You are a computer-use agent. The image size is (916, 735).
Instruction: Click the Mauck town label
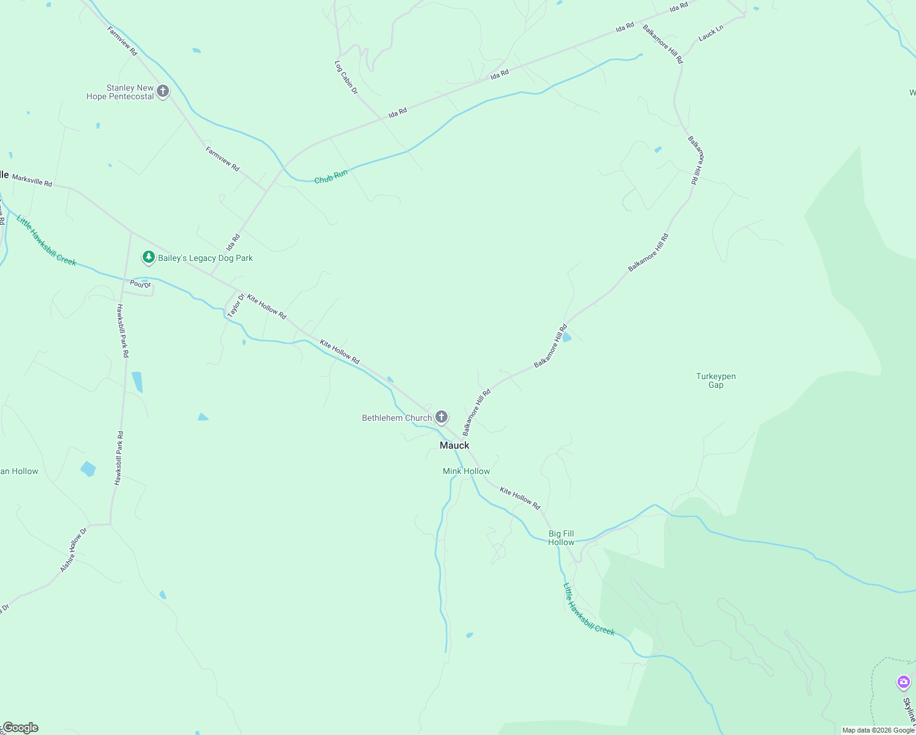click(454, 445)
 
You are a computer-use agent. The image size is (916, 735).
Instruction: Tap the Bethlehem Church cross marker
click(441, 418)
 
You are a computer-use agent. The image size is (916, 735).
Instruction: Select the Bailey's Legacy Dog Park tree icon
click(148, 257)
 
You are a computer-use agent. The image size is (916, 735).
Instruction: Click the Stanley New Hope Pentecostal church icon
click(162, 92)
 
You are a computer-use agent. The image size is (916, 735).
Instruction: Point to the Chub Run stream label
click(331, 177)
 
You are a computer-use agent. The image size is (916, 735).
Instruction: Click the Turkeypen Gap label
click(716, 380)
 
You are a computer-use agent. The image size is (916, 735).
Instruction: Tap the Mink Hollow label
click(467, 471)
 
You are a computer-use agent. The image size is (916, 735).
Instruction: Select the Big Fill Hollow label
click(561, 538)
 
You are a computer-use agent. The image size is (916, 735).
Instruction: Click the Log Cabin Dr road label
click(346, 77)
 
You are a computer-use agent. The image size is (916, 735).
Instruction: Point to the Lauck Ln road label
click(711, 32)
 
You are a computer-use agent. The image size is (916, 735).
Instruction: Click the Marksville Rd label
click(32, 180)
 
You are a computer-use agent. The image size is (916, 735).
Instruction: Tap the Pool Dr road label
click(140, 284)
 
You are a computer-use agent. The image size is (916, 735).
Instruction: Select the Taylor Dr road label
click(236, 306)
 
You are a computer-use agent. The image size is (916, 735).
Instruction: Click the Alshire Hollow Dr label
click(74, 549)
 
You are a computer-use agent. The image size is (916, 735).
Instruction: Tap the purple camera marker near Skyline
click(903, 681)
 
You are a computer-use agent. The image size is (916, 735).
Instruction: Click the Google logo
click(21, 728)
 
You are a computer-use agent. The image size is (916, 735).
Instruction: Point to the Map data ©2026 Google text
click(878, 730)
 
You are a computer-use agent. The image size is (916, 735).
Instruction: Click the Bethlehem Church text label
click(397, 418)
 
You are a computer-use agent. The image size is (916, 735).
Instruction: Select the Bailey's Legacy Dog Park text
click(205, 258)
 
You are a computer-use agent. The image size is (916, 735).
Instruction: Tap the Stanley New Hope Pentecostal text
click(121, 92)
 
